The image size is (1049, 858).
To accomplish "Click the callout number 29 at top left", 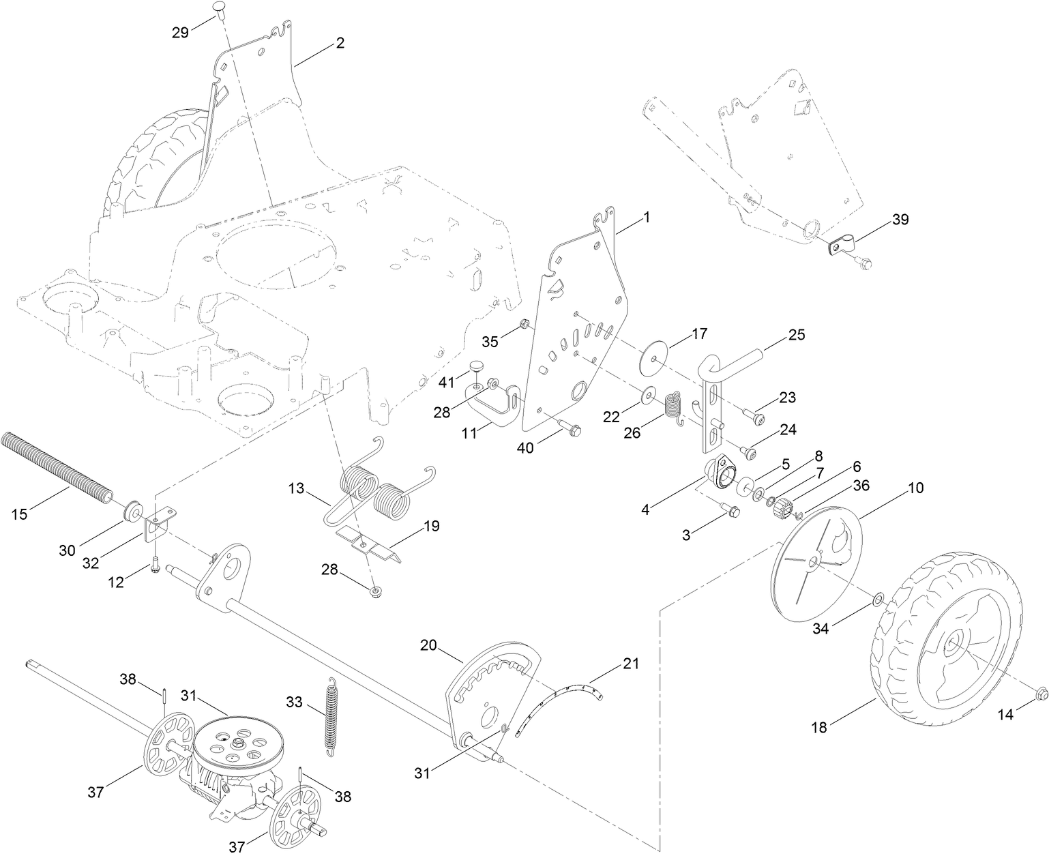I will [180, 32].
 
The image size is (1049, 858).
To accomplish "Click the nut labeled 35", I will [524, 323].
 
